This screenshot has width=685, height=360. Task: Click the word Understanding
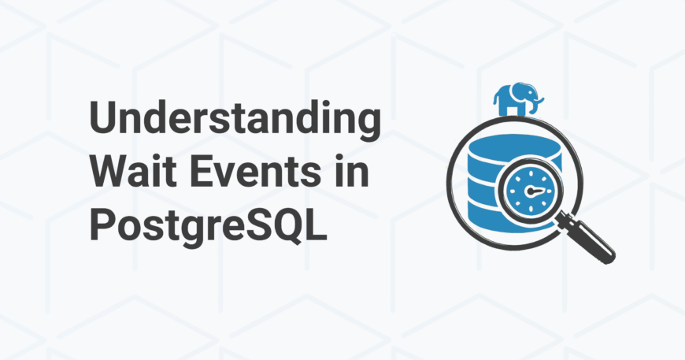click(235, 119)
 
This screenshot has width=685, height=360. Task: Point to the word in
click(352, 170)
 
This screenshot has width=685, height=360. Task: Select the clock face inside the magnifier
click(531, 191)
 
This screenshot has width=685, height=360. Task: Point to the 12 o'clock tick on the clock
click(531, 173)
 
